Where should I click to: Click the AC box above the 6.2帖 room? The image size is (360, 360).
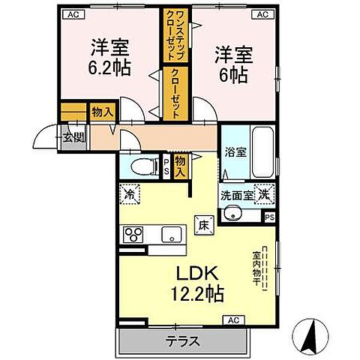pyautogui.click(x=73, y=13)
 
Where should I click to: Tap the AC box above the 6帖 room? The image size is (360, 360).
pyautogui.click(x=263, y=13)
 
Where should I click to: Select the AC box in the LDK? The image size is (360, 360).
pyautogui.click(x=233, y=321)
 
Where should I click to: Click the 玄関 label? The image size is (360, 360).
pyautogui.click(x=73, y=137)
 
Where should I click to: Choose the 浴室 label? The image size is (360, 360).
pyautogui.click(x=235, y=151)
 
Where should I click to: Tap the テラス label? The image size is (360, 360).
pyautogui.click(x=182, y=342)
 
